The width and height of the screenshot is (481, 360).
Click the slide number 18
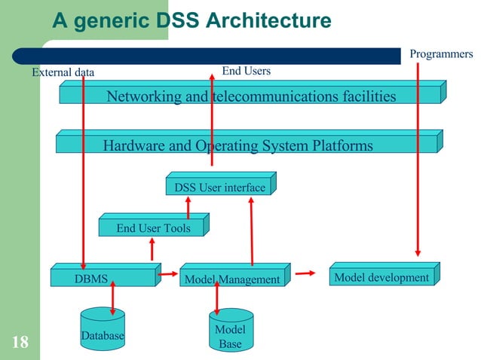pyautogui.click(x=20, y=343)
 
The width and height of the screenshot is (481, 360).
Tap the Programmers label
pyautogui.click(x=441, y=53)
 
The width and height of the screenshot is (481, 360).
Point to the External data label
pyautogui.click(x=63, y=73)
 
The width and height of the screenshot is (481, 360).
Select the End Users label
pyautogui.click(x=246, y=72)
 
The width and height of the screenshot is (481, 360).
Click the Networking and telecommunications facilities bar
pyautogui.click(x=251, y=96)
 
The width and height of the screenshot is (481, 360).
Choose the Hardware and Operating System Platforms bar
pyautogui.click(x=238, y=145)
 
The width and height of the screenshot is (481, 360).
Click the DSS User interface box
pyautogui.click(x=219, y=187)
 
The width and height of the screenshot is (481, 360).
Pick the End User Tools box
pyautogui.click(x=153, y=227)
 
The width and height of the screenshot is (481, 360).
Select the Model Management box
pyautogui.click(x=232, y=279)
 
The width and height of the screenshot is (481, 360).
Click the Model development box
pyautogui.click(x=381, y=278)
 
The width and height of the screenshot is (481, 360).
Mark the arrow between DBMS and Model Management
pyautogui.click(x=167, y=276)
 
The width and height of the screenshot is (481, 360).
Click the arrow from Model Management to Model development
pyautogui.click(x=305, y=274)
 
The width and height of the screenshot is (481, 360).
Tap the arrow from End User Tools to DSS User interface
pyautogui.click(x=188, y=206)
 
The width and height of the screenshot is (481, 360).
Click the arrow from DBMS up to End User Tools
pyautogui.click(x=152, y=249)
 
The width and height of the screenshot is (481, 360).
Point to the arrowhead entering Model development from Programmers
pyautogui.click(x=417, y=255)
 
